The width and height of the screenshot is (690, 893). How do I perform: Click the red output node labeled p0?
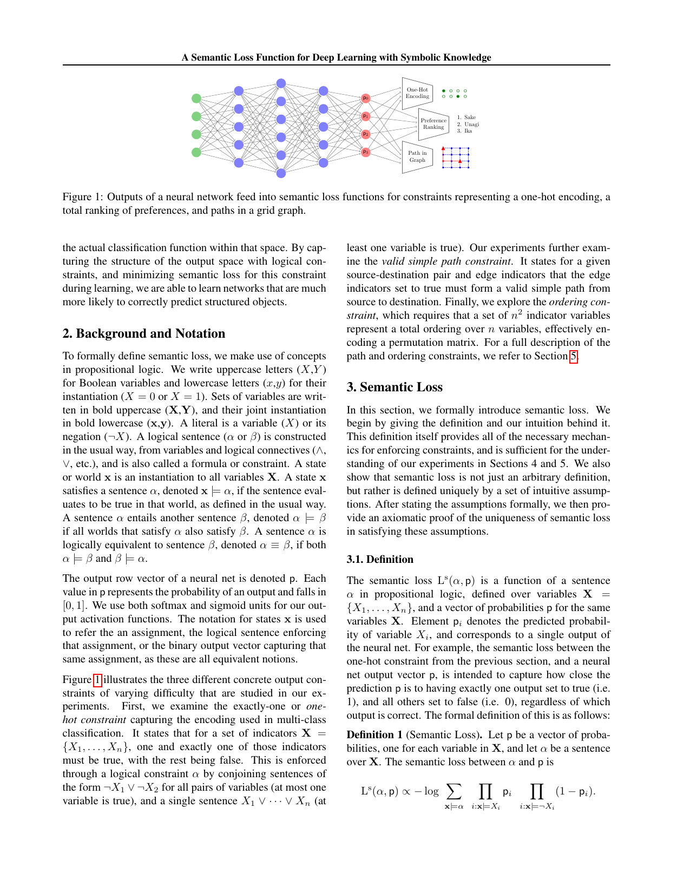point(365,98)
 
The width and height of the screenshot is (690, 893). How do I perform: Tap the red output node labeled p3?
point(365,152)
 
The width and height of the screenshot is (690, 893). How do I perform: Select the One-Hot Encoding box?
point(417,93)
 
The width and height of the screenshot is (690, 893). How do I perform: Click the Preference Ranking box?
point(433,124)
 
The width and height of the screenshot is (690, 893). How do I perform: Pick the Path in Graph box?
point(417,156)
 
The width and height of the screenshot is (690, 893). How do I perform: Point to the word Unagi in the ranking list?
point(471,124)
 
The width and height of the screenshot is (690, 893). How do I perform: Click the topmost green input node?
point(196,98)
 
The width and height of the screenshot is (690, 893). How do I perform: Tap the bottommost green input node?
point(196,153)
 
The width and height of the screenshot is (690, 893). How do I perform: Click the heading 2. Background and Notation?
point(143,333)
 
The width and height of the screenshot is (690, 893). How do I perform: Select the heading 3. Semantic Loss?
point(395,387)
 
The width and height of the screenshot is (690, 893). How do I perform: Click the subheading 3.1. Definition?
point(379,559)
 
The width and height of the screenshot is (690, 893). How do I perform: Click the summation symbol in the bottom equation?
point(454,791)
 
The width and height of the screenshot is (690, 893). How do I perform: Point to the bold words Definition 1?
point(374,735)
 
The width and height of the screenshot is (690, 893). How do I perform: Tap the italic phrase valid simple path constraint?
point(446,261)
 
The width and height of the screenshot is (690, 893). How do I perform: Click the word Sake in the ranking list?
point(470,117)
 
